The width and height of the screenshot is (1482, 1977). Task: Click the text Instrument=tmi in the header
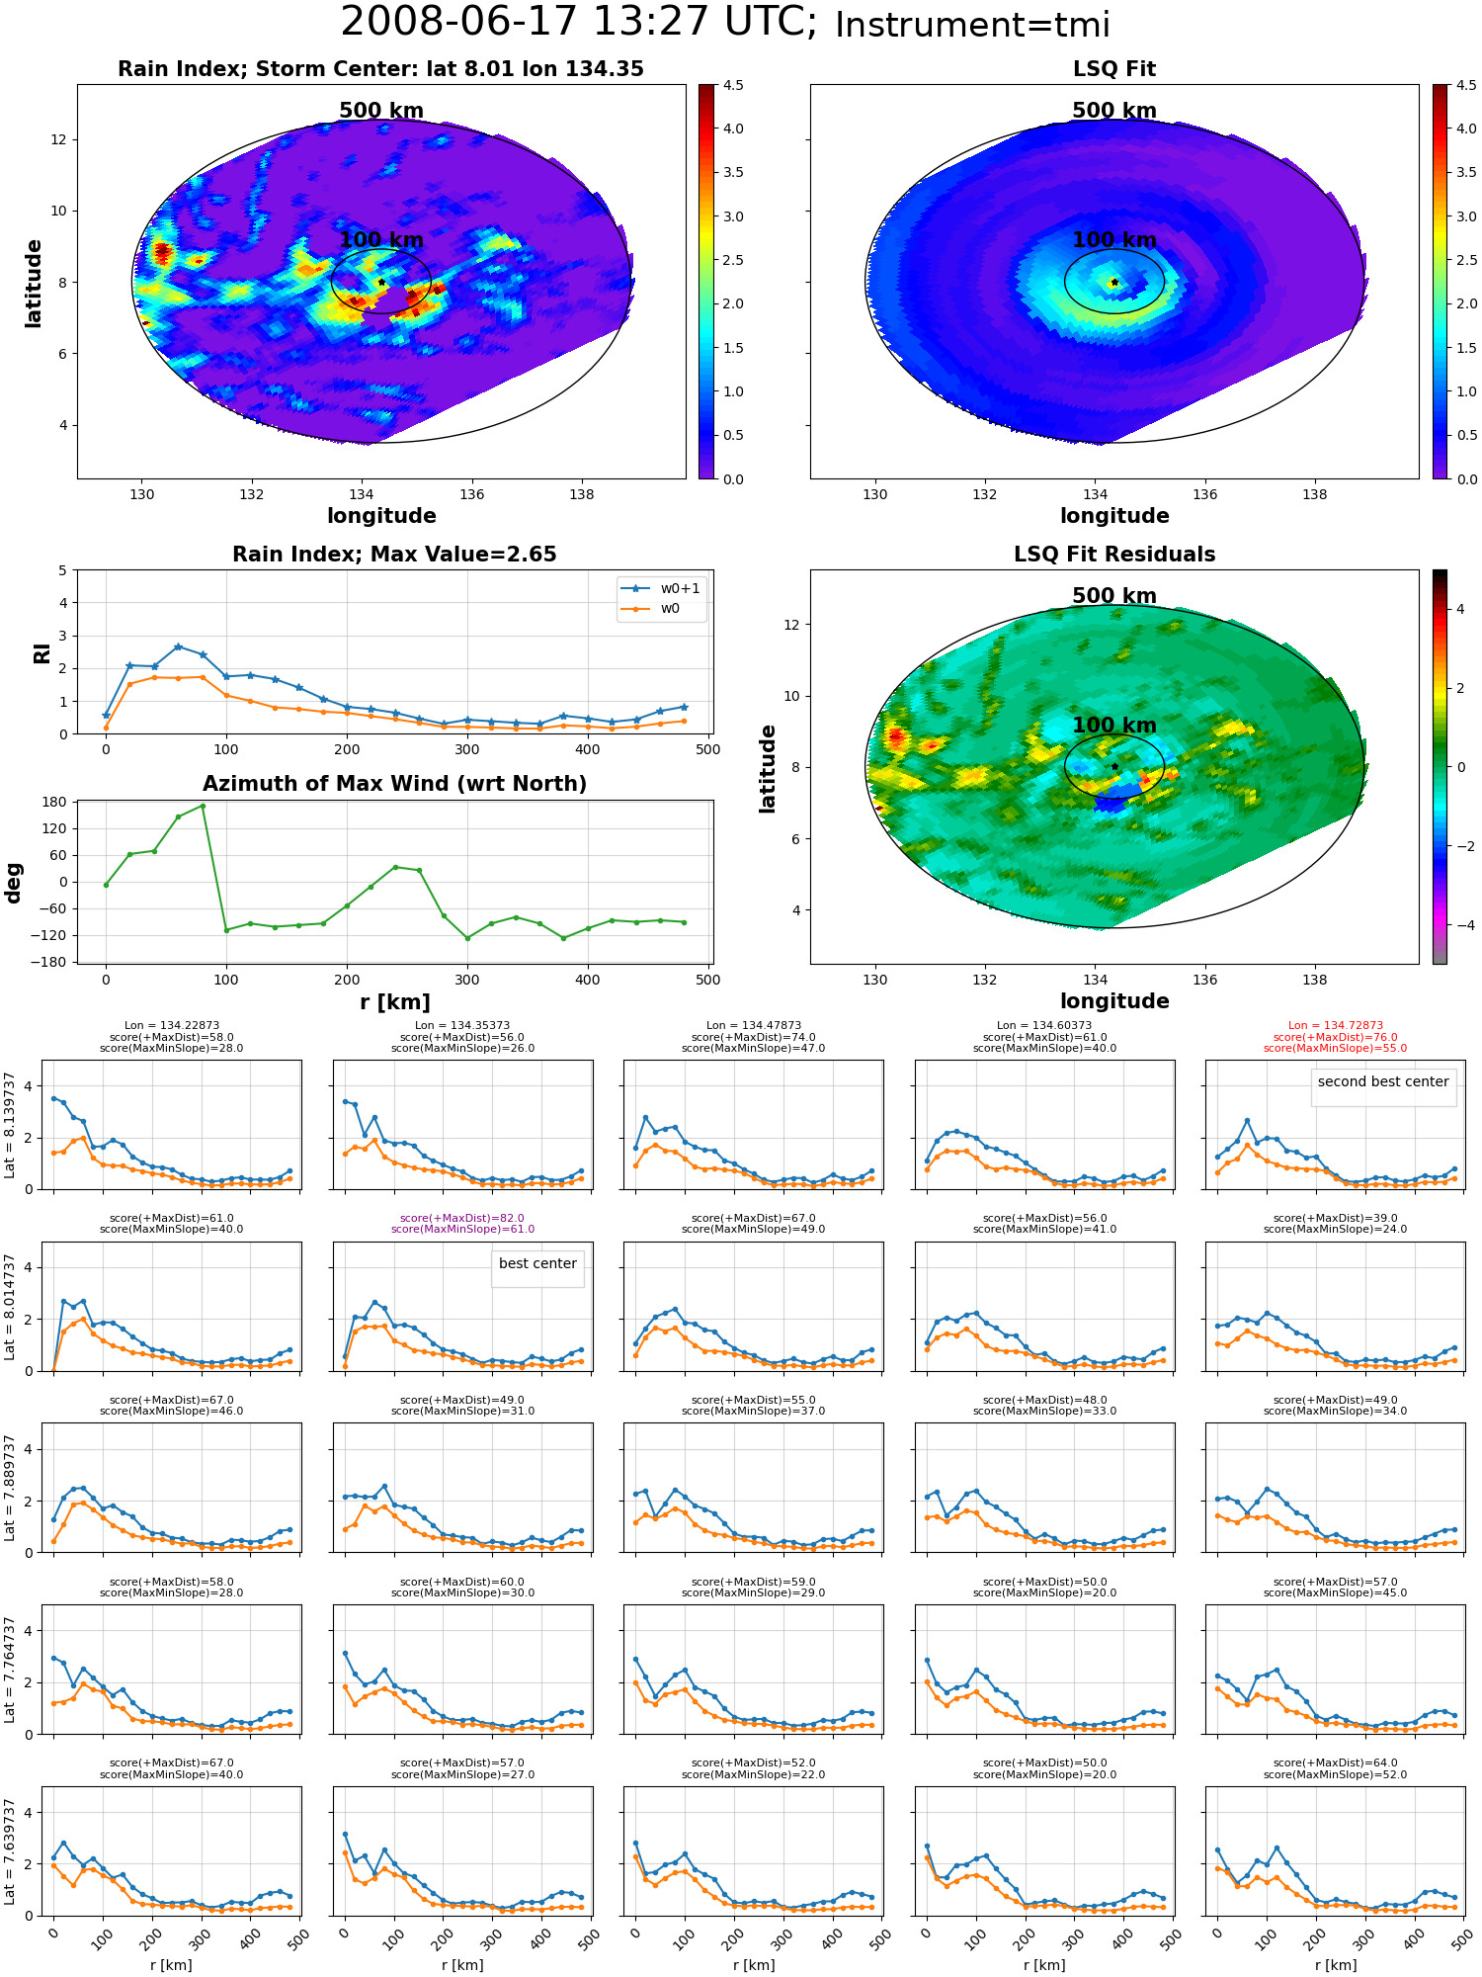[972, 26]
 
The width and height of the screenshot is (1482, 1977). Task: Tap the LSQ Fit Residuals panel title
[1114, 555]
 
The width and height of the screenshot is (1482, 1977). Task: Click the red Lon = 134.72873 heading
[1336, 1026]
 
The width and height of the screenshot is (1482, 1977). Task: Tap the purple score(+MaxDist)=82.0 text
[462, 1218]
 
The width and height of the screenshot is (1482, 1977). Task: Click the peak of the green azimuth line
[203, 806]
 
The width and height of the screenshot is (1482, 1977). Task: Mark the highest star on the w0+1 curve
[178, 646]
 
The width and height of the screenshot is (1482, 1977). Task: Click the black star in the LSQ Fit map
[1114, 282]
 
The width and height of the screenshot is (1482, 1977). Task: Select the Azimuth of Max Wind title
[394, 784]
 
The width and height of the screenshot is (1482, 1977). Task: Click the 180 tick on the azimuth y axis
[55, 802]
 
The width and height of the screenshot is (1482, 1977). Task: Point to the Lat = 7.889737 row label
[10, 1488]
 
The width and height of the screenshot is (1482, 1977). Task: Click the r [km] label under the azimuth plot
[395, 1002]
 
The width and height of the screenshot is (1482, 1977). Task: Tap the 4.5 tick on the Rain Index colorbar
[732, 85]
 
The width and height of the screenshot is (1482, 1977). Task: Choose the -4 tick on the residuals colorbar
[1461, 925]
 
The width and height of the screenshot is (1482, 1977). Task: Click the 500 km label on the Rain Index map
[381, 111]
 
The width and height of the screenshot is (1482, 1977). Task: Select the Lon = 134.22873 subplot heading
[172, 1026]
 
